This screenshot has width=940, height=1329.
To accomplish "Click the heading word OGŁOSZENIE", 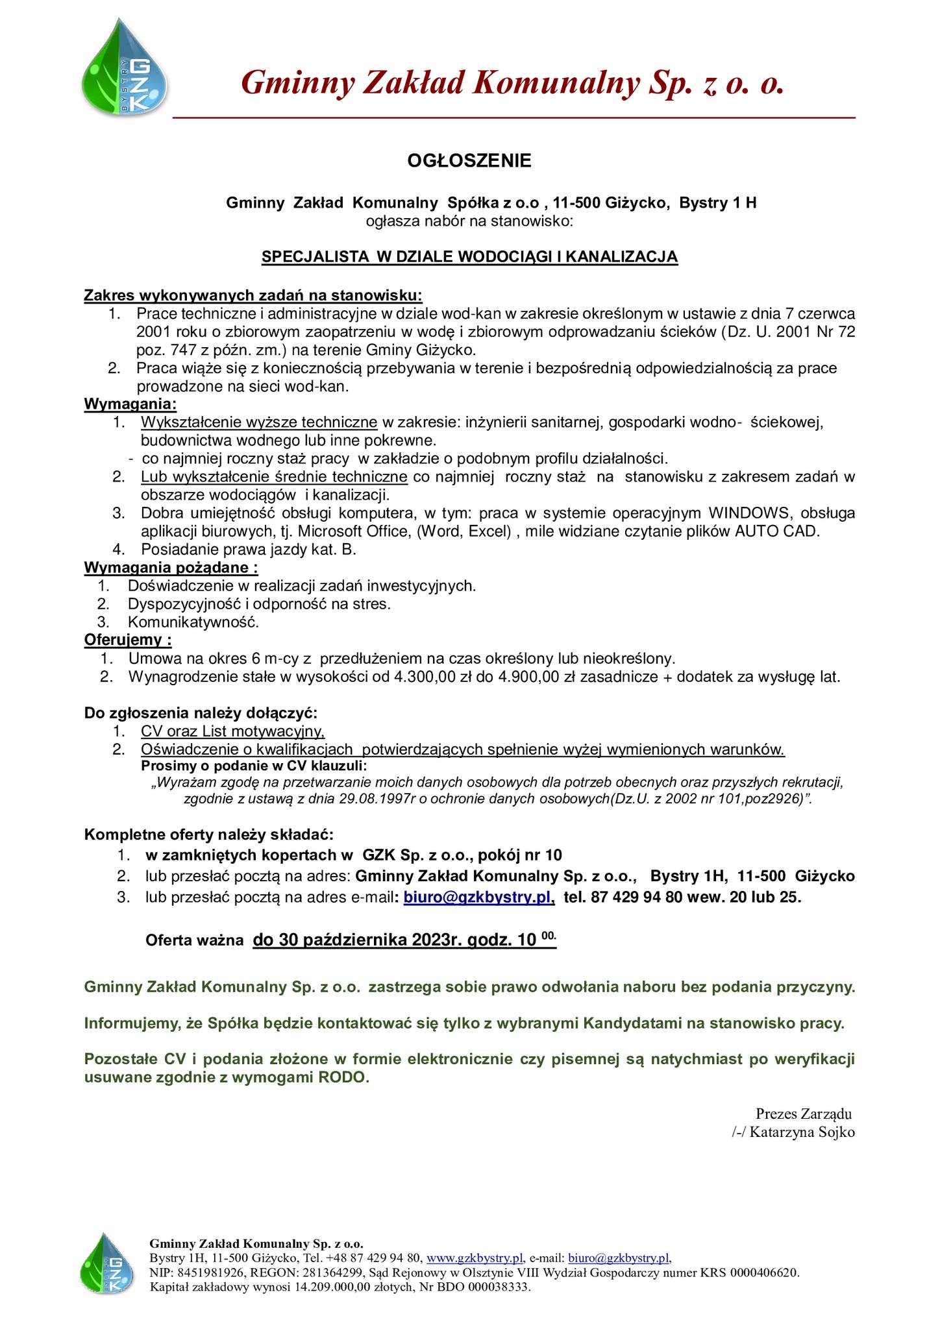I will point(469,160).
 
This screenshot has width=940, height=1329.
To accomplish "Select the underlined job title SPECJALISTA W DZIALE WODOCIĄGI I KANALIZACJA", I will point(469,257).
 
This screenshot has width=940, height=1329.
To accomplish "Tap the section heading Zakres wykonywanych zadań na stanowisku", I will point(253,296).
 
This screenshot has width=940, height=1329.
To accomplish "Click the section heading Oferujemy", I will point(128,640).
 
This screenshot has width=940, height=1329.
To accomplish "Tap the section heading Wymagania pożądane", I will point(171,568).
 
